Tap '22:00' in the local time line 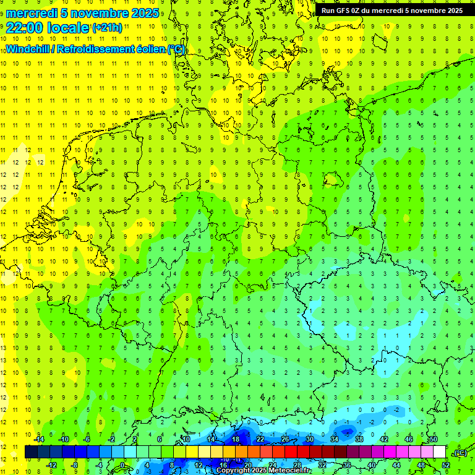[24, 28]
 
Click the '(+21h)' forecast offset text [107, 28]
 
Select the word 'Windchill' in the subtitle [30, 49]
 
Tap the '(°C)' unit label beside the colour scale [460, 453]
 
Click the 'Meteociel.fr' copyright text [290, 471]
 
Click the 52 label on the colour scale [445, 465]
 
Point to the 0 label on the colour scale [123, 465]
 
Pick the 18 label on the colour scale [235, 439]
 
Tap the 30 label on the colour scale [309, 439]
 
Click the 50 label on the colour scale [433, 439]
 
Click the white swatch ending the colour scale [439, 452]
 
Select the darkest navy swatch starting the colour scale [31, 452]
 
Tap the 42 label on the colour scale [383, 439]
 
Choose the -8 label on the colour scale [74, 465]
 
